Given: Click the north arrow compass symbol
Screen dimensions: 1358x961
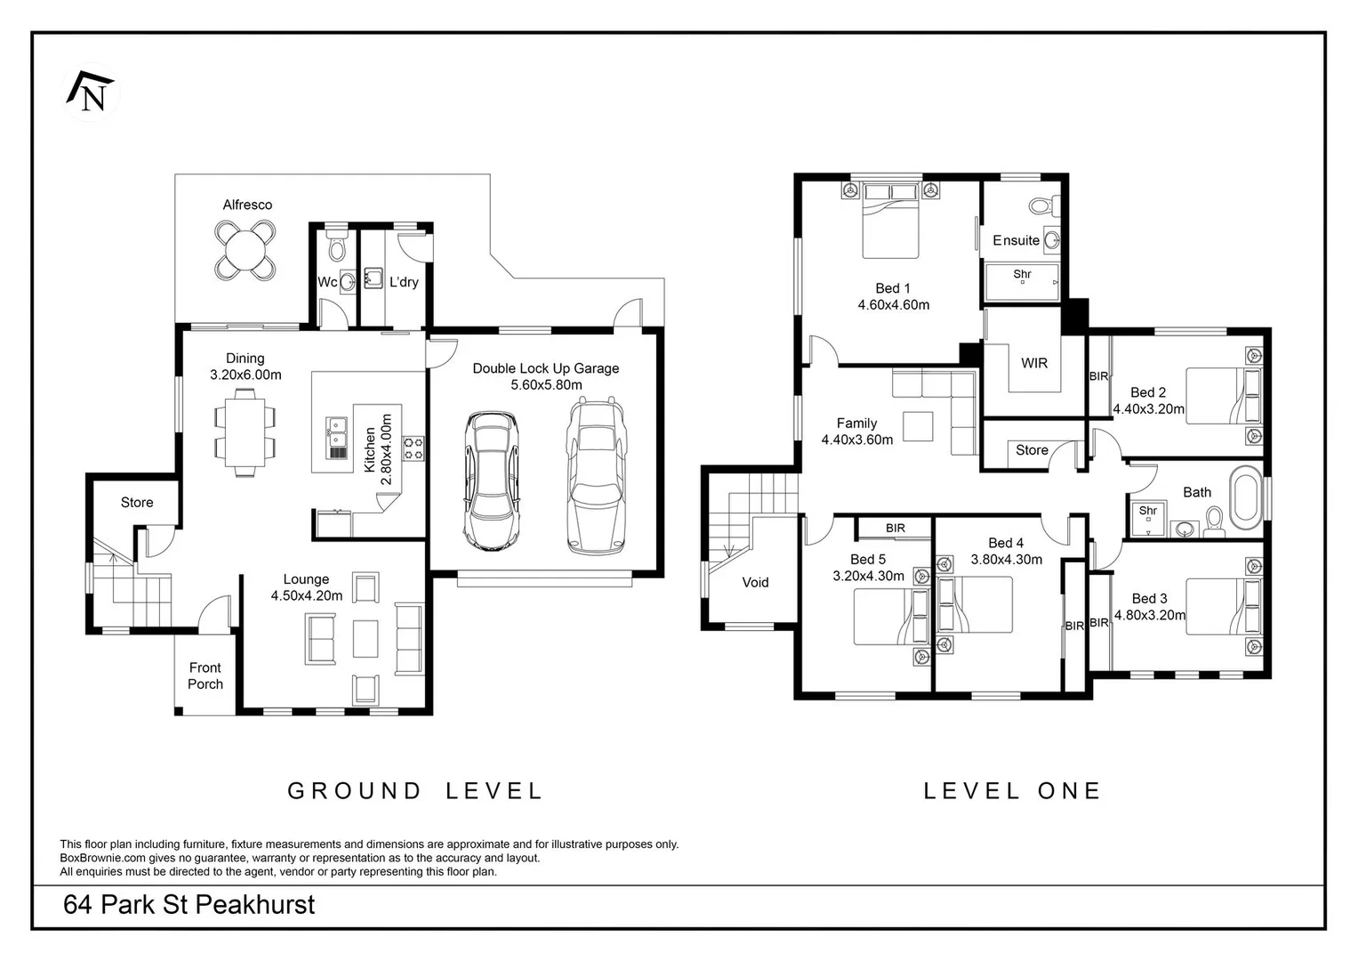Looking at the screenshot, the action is pyautogui.click(x=90, y=93).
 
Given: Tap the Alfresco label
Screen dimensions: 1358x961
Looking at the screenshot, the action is pyautogui.click(x=247, y=205).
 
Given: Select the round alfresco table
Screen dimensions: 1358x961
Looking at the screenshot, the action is pyautogui.click(x=245, y=250).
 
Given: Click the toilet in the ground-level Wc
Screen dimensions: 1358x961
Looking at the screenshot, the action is pyautogui.click(x=336, y=245).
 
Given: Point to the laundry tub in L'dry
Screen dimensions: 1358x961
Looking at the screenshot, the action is pyautogui.click(x=374, y=279).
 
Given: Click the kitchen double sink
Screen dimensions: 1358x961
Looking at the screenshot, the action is pyautogui.click(x=336, y=438).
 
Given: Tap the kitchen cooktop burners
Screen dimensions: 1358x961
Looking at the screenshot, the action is pyautogui.click(x=414, y=449).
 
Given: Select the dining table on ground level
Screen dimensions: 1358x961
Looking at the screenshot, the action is pyautogui.click(x=245, y=432).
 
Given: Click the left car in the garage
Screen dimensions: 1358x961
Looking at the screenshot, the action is pyautogui.click(x=491, y=480).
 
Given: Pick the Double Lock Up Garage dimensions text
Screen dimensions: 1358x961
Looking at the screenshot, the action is pyautogui.click(x=546, y=384).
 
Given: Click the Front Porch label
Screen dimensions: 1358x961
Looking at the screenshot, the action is pyautogui.click(x=205, y=676).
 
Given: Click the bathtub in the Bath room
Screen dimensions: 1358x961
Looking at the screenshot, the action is pyautogui.click(x=1245, y=497).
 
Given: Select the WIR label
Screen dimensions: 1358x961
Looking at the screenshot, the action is pyautogui.click(x=1034, y=363).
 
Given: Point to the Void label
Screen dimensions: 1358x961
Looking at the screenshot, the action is pyautogui.click(x=755, y=583).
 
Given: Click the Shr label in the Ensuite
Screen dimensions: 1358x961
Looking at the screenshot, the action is pyautogui.click(x=1022, y=274).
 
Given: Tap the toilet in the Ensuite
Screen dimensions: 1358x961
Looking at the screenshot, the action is pyautogui.click(x=1044, y=205).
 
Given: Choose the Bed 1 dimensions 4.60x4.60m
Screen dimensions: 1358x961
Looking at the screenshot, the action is pyautogui.click(x=894, y=304).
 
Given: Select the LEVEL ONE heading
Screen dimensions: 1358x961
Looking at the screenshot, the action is pyautogui.click(x=1012, y=790).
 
